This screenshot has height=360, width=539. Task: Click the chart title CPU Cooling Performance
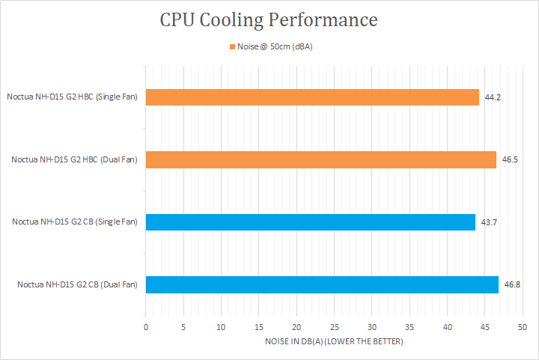coord(269,19)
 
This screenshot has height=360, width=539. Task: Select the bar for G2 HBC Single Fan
coord(312,97)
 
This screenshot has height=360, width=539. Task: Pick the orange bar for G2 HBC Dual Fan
coord(320,159)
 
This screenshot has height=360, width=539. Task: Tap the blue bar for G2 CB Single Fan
coord(310,222)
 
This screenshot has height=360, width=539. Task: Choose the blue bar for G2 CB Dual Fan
coord(322,284)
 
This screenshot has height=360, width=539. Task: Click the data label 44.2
coord(493,98)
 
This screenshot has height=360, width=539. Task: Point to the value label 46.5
coord(511,160)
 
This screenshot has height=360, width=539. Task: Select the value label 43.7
coord(490,222)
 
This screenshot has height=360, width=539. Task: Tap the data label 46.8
coord(513,285)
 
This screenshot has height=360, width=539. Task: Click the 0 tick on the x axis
coord(146,327)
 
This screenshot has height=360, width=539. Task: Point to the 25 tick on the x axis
coord(334,327)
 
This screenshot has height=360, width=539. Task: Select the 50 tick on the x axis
coord(523,327)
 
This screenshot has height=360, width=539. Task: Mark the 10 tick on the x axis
coord(221,327)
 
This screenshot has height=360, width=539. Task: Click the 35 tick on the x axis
coord(409,327)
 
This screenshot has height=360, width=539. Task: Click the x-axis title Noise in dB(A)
coord(334,342)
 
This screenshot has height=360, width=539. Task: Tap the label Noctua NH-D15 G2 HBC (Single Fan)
coord(72,97)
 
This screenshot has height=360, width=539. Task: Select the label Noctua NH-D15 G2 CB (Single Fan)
coord(75,222)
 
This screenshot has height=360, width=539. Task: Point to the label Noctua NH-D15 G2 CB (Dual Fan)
coord(78,284)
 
